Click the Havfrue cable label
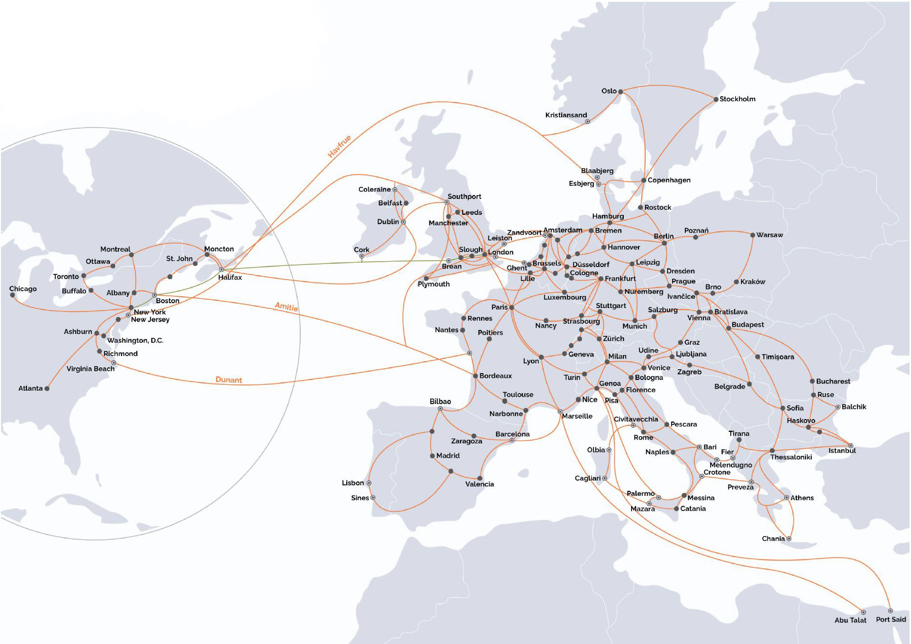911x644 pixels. click(x=339, y=146)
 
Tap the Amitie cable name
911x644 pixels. click(x=286, y=307)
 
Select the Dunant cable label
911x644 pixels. click(x=229, y=380)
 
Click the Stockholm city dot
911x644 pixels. click(x=716, y=99)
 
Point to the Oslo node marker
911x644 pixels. click(x=620, y=91)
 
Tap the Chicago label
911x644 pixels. click(x=23, y=289)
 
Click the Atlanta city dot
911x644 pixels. click(x=47, y=389)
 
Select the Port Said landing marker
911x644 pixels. click(x=890, y=611)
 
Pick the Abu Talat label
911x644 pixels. click(x=850, y=620)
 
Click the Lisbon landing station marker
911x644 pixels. click(x=369, y=483)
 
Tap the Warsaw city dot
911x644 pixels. click(x=752, y=235)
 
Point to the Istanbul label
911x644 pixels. click(x=842, y=451)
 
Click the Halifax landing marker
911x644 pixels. click(x=221, y=269)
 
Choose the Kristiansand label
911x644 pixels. click(x=566, y=115)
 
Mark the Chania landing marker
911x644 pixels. click(x=789, y=539)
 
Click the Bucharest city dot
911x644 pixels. click(x=812, y=381)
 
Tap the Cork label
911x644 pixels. click(x=361, y=249)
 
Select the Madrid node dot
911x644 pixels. click(x=432, y=456)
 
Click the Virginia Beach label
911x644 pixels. click(x=90, y=369)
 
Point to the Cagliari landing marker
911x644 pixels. click(x=605, y=478)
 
